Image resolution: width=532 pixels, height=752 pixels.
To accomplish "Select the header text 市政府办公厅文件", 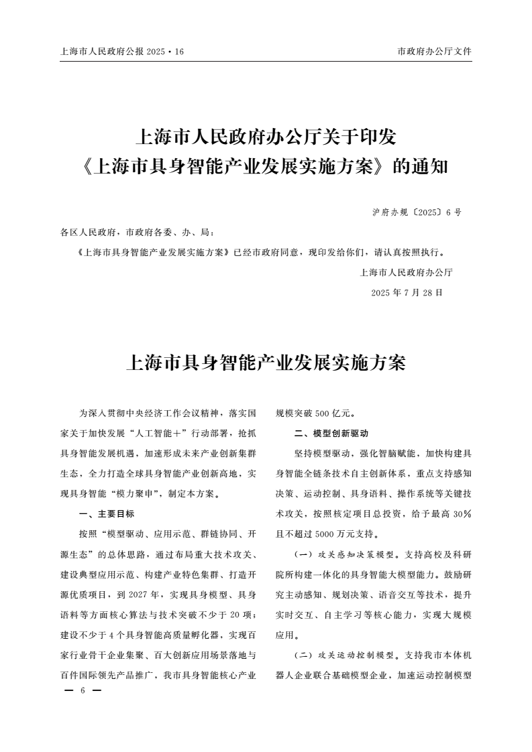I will click(x=435, y=52).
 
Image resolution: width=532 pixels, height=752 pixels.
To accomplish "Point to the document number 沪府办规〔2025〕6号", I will click(x=416, y=212).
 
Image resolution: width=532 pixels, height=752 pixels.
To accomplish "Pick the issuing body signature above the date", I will click(x=406, y=272).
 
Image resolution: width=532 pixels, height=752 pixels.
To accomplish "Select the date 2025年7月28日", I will click(x=407, y=292).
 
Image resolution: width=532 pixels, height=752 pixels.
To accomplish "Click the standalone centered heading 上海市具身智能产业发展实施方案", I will click(x=266, y=363).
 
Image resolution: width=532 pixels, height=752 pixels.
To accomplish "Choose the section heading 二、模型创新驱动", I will click(x=327, y=434).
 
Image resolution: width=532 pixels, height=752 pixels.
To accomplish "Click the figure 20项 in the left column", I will click(x=244, y=615).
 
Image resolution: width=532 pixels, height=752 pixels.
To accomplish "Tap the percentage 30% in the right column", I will click(x=462, y=514).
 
